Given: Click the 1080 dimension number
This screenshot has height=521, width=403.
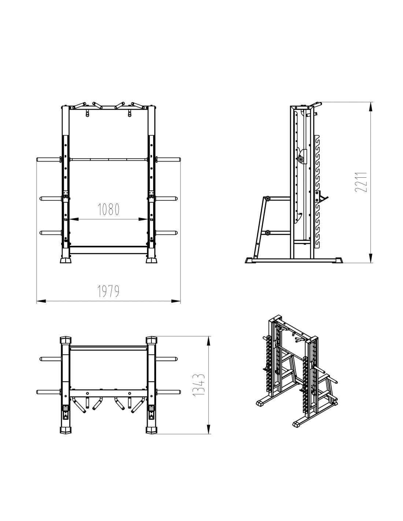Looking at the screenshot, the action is [108, 209].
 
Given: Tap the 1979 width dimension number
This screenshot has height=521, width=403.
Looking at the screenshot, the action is [108, 291].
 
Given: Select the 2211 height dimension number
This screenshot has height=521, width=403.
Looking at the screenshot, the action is [361, 182].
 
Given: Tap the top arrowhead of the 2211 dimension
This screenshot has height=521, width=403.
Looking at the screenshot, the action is [371, 107].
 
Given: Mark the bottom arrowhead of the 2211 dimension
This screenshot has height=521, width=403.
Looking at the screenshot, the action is [371, 258].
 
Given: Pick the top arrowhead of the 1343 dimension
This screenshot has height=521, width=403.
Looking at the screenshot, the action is [210, 341].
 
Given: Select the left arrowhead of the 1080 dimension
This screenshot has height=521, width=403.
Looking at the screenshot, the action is [74, 219].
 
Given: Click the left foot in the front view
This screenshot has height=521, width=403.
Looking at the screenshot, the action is [66, 260].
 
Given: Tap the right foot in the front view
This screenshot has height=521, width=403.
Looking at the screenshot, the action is [152, 260].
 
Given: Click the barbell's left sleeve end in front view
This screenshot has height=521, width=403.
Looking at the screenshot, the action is [37, 159].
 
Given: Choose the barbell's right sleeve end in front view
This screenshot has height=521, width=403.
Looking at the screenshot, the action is [179, 159].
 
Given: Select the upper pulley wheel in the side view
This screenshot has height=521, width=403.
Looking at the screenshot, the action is [267, 199].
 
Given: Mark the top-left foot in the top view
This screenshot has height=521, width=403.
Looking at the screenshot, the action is [66, 340].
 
